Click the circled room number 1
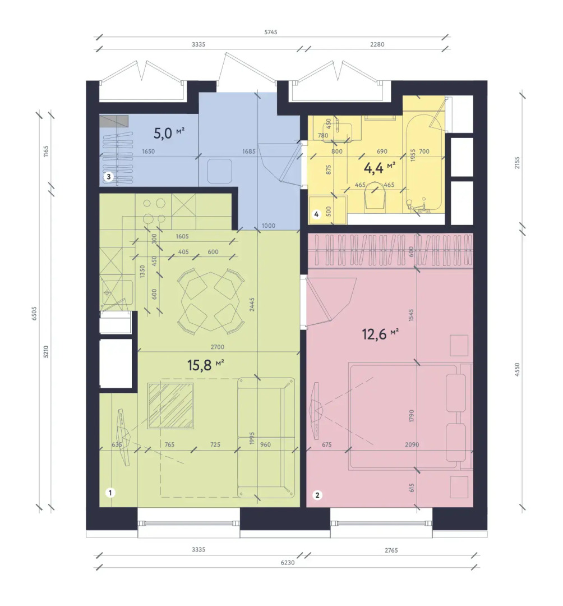pos(111,493)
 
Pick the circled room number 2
pos(317,494)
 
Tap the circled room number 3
pos(109,177)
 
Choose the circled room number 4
pos(316,214)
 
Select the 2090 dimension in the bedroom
pos(412,444)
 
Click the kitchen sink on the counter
pos(116,292)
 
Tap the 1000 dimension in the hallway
pos(269,225)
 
